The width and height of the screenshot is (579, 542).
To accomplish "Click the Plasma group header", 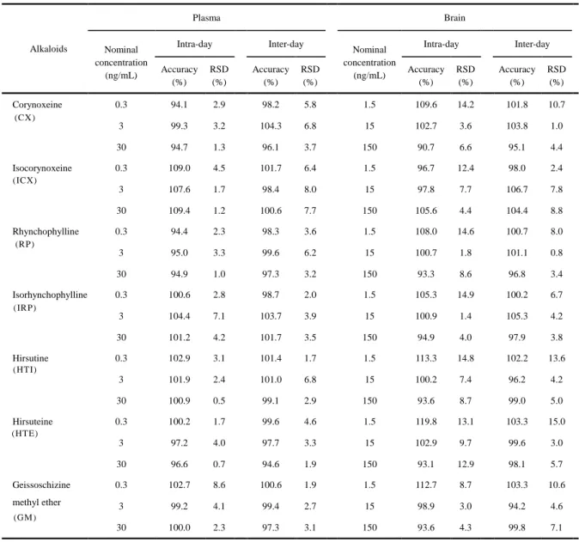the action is (206, 18).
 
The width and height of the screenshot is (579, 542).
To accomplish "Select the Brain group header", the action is (454, 18).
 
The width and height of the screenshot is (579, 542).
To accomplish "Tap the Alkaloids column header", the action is (48, 49).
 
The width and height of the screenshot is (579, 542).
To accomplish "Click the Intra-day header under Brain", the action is (441, 45).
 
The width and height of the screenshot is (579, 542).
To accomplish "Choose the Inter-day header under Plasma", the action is (286, 45).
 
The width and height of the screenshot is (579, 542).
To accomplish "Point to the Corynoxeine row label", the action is (37, 105).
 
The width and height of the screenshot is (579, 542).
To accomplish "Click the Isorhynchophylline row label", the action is (50, 295).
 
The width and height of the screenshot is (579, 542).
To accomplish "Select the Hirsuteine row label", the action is (33, 421).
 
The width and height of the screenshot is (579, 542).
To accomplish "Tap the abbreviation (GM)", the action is (25, 517).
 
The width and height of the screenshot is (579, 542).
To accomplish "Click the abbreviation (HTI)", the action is (25, 369).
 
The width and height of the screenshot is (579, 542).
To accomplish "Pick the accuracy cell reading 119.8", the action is (426, 421).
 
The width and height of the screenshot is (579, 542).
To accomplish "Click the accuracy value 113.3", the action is (426, 358).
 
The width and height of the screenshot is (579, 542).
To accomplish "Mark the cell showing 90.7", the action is (426, 147).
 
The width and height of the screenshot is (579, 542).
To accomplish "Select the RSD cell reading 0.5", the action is (219, 400).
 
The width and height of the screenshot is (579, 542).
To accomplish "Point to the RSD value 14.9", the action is (466, 295).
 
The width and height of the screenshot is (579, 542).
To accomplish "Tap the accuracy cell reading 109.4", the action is (180, 210).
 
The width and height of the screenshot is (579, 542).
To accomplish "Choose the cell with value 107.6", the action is (180, 189).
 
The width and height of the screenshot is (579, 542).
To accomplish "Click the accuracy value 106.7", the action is (517, 189).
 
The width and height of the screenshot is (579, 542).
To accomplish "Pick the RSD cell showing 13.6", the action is (557, 358).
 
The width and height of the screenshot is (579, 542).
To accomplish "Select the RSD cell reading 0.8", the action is (557, 253).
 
